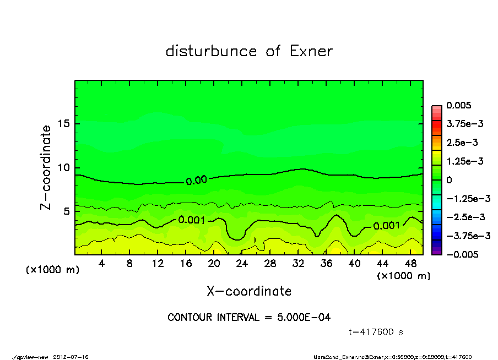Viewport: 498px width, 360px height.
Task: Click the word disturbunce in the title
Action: pos(212,51)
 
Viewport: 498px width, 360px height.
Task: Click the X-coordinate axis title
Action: pos(249,291)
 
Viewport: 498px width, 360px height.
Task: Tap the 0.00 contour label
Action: pos(196,179)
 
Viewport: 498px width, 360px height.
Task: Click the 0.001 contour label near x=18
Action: pos(192,220)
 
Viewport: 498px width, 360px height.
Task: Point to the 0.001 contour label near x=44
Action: pos(387,226)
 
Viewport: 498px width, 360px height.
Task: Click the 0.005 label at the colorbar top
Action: pos(458,105)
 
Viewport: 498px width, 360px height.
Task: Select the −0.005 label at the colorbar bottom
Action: pos(461,254)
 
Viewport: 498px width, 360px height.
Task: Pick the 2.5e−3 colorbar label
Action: pos(462,143)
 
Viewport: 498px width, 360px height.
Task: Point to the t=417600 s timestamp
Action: pos(376,332)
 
